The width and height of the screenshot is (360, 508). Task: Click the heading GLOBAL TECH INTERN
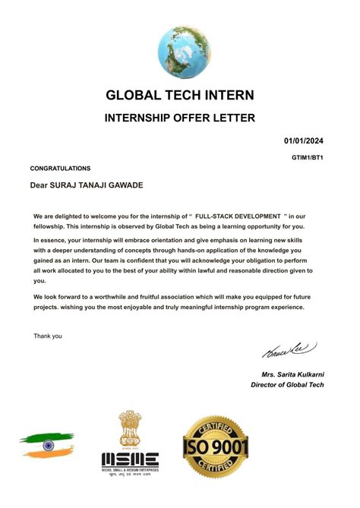[180, 96]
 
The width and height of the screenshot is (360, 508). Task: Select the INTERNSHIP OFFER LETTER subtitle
[180, 118]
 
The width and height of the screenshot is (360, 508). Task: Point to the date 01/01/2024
[305, 140]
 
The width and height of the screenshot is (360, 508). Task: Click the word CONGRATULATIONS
[60, 168]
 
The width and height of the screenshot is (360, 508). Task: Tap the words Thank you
[48, 335]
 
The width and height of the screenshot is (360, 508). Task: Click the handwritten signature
[290, 352]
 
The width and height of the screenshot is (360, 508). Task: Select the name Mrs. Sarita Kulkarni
[292, 375]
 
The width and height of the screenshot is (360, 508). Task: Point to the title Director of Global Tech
[287, 385]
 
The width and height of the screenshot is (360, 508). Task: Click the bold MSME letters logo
[130, 460]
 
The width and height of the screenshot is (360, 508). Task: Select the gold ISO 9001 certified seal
[216, 449]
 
